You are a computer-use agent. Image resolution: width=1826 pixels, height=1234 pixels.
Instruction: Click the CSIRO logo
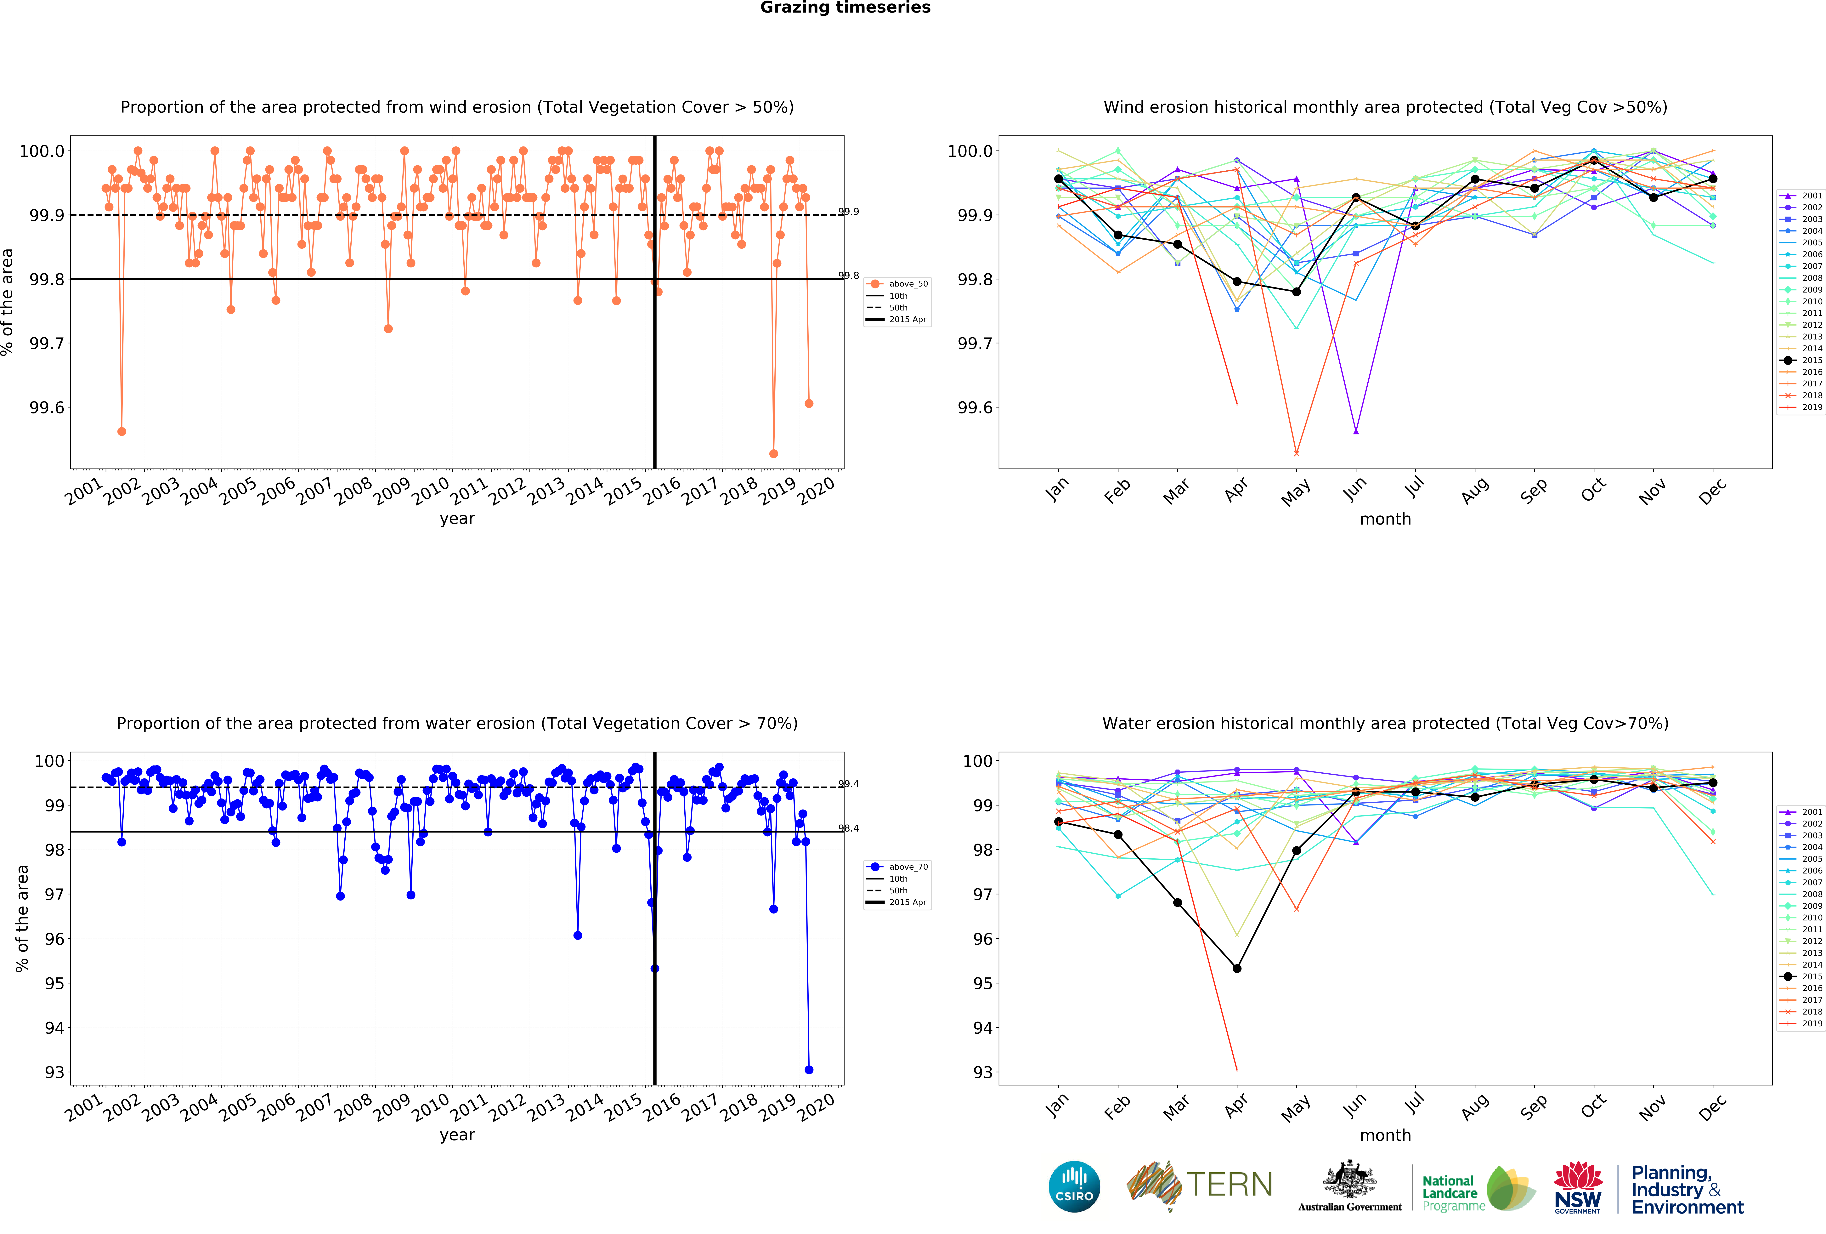1074,1186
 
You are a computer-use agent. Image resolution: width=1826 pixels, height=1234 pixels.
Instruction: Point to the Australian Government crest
1349,1180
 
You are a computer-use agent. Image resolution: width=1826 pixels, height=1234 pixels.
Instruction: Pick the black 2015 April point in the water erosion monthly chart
1237,968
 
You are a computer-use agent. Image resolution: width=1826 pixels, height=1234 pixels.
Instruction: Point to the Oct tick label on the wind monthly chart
1593,491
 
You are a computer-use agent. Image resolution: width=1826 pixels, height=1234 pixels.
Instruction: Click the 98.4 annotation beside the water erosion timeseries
849,828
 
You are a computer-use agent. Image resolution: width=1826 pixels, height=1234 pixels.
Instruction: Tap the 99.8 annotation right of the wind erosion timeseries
849,276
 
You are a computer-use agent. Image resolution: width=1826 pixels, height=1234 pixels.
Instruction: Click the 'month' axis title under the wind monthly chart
1385,519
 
